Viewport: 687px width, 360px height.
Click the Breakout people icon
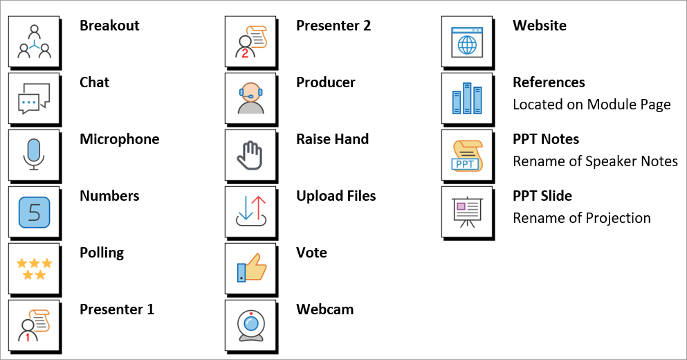35,42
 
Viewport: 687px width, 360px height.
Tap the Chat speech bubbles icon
35,98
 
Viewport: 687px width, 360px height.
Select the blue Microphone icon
35,155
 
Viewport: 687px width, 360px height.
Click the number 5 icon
35,212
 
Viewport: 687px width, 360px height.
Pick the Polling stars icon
35,269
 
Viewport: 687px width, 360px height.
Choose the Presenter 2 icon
251,42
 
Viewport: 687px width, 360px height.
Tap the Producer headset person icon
251,98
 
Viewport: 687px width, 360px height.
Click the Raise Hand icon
251,155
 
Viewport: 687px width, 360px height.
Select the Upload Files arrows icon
251,212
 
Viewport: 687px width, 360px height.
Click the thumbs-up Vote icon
251,269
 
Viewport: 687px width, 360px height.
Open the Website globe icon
468,42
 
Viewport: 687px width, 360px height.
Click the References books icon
468,98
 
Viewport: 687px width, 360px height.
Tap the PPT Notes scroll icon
468,155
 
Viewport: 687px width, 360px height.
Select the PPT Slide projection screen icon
468,212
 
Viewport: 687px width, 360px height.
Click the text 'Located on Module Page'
592,105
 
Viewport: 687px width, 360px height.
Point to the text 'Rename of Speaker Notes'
595,161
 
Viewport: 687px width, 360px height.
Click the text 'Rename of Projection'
581,218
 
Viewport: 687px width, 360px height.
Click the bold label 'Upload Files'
336,196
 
